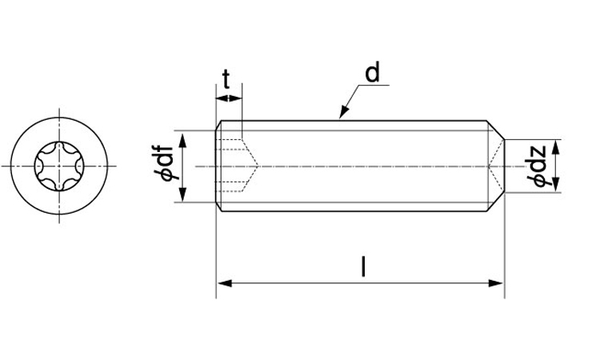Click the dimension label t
pos(226,79)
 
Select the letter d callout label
pos(372,73)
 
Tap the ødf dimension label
pos(165,163)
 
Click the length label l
pos(363,266)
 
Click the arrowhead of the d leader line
pos(344,112)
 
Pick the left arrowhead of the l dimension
pos(224,283)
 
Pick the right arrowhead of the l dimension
pos(497,283)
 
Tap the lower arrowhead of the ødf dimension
pos(182,194)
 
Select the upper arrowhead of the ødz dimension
pos(557,147)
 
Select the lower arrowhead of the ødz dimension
pos(557,185)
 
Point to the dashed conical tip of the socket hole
pos(250,166)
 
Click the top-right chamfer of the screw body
pos(495,130)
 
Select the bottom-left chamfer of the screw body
pos(218,206)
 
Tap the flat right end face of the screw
pos(504,166)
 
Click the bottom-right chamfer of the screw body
pos(495,202)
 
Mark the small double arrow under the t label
pos(229,98)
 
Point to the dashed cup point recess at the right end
pos(496,166)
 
